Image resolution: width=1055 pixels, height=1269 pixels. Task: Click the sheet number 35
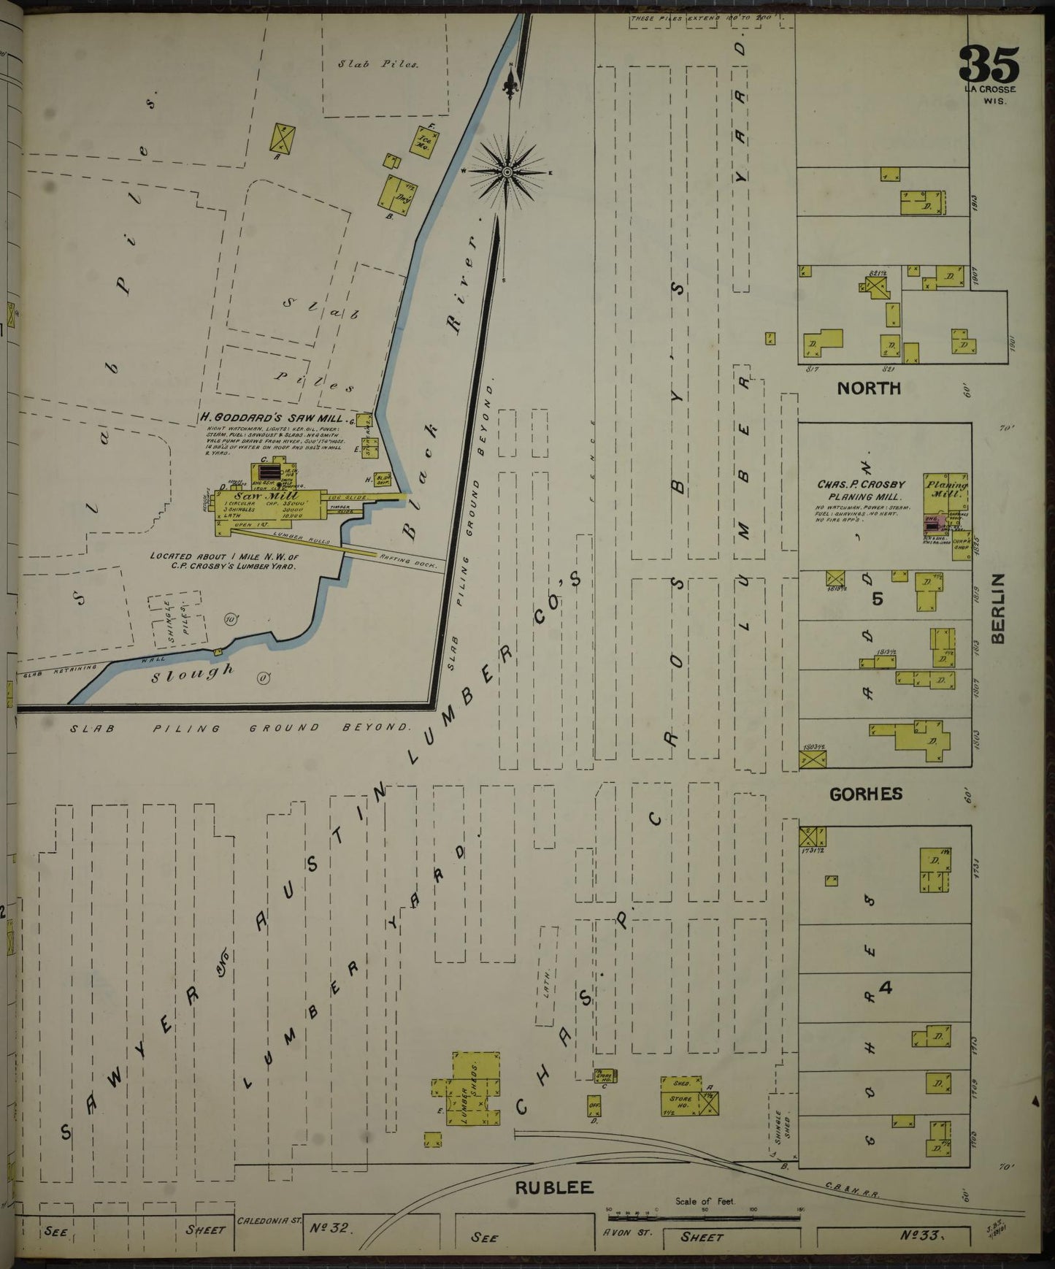pos(989,65)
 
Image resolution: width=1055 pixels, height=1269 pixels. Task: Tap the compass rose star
pos(507,172)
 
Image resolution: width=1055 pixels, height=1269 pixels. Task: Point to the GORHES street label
pos(867,794)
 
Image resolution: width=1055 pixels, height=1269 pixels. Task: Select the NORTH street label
pos(869,388)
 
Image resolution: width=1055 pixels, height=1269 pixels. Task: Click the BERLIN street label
pos(997,608)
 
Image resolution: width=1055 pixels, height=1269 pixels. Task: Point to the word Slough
pos(193,672)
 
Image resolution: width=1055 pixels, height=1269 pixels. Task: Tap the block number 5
pos(878,598)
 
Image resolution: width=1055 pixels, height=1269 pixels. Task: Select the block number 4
pos(886,988)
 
